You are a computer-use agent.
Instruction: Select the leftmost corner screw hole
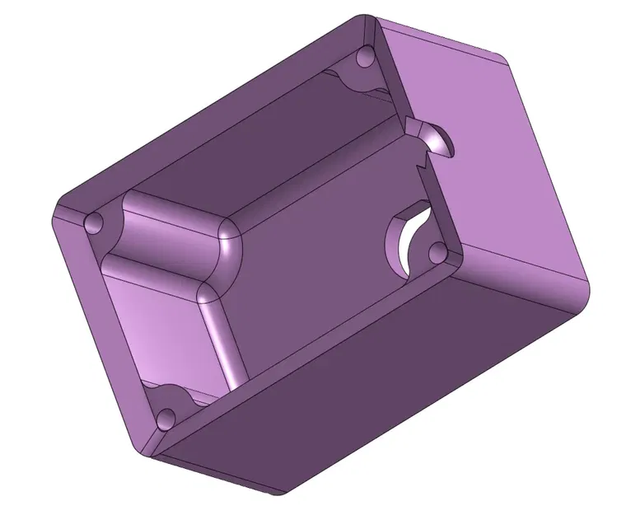[x=95, y=223]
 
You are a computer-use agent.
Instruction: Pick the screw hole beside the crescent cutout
[x=437, y=250]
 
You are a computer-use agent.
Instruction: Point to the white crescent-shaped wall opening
[x=404, y=243]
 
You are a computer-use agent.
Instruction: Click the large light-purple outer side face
[x=494, y=165]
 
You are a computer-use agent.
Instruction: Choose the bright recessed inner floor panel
[x=165, y=330]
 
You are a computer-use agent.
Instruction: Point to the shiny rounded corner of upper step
[x=229, y=239]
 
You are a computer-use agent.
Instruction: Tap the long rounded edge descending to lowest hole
[x=219, y=338]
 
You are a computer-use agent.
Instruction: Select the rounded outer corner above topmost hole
[x=362, y=21]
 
